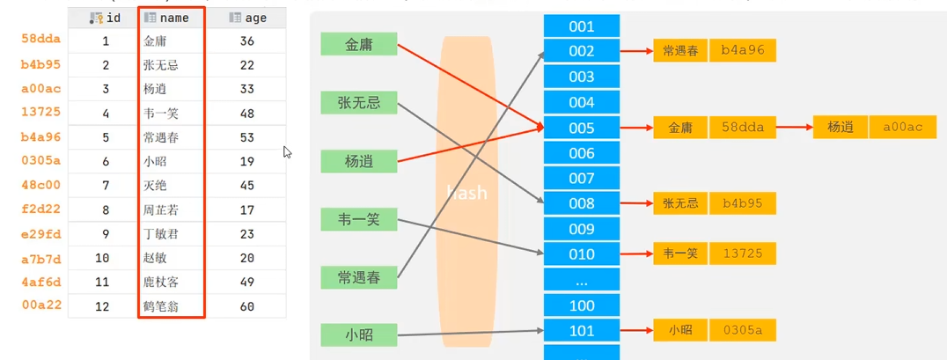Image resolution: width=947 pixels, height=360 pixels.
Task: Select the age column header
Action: pyautogui.click(x=248, y=18)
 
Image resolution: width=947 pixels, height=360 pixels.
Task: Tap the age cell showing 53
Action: pyautogui.click(x=247, y=137)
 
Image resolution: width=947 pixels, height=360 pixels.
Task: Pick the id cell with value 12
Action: pyautogui.click(x=102, y=307)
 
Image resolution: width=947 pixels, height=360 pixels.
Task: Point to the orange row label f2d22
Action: pyautogui.click(x=41, y=210)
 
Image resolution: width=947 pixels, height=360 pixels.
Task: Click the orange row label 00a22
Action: pyautogui.click(x=41, y=305)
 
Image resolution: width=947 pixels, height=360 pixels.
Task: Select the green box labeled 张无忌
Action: pyautogui.click(x=359, y=103)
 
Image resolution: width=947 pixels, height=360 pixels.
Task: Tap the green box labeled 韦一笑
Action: pyautogui.click(x=359, y=220)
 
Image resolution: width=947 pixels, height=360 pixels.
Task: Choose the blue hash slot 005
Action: pyautogui.click(x=582, y=128)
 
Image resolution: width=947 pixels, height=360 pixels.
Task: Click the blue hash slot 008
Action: pyautogui.click(x=582, y=203)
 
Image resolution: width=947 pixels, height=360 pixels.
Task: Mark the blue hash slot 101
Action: pyautogui.click(x=582, y=331)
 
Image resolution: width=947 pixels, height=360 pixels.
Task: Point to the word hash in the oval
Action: pyautogui.click(x=466, y=193)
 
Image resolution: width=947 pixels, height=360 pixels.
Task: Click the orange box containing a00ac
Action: pyautogui.click(x=902, y=128)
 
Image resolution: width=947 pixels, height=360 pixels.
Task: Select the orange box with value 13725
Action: pyautogui.click(x=742, y=254)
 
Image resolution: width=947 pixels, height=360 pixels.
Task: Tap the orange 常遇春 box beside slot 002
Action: pyautogui.click(x=680, y=51)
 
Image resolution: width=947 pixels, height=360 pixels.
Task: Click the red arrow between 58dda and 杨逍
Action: pyautogui.click(x=794, y=128)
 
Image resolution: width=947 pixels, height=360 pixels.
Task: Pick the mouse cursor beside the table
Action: pyautogui.click(x=288, y=151)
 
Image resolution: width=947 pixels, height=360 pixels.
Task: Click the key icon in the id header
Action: pyautogui.click(x=95, y=18)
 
